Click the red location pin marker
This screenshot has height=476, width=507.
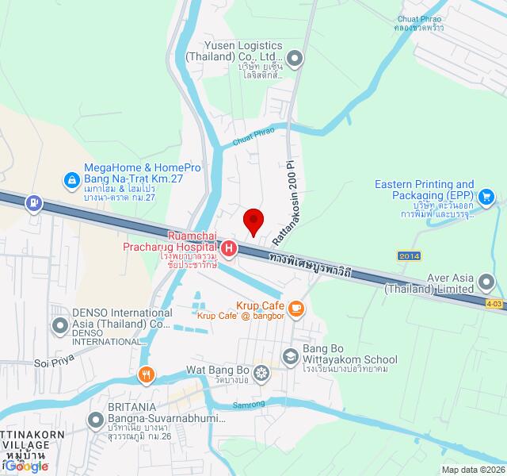tap(253, 220)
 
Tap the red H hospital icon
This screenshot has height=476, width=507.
tap(229, 249)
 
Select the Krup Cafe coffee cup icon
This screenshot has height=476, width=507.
tap(295, 308)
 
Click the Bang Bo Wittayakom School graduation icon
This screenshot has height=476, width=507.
tap(289, 356)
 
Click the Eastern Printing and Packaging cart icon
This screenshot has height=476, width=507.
tap(486, 195)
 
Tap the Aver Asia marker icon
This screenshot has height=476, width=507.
tap(490, 281)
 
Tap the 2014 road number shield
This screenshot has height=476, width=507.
tap(410, 255)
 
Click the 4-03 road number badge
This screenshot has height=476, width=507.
tap(494, 303)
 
